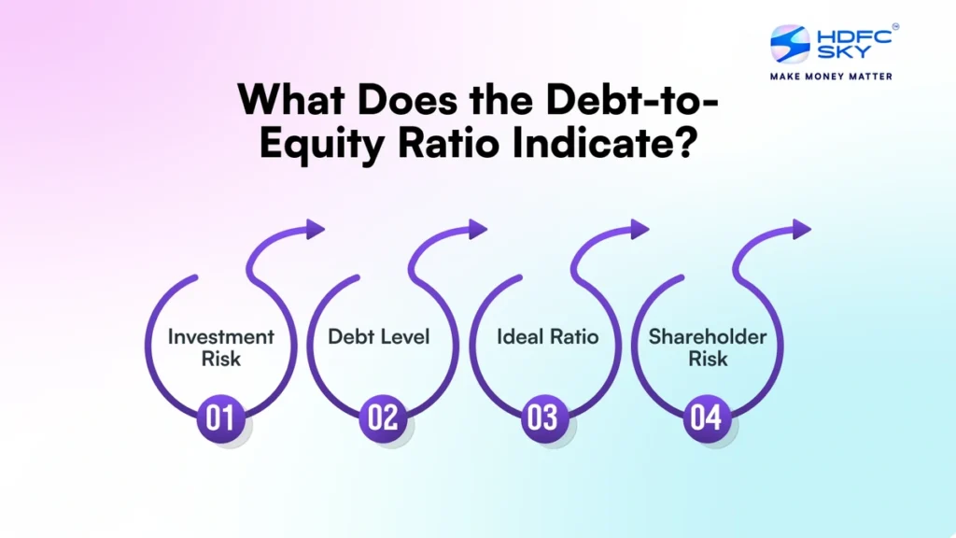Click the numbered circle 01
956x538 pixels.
[x=220, y=417]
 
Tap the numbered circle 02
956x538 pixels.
[x=383, y=417]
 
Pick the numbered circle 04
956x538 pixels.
[x=707, y=417]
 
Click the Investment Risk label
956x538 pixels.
[x=221, y=347]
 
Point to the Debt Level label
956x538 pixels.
[x=379, y=336]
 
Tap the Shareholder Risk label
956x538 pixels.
[x=707, y=347]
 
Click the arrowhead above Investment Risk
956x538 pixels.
[x=314, y=229]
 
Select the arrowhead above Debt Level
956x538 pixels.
[x=477, y=229]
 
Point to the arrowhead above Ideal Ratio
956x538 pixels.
[x=639, y=229]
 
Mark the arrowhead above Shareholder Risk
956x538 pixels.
[x=801, y=229]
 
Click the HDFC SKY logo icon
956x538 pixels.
[x=790, y=45]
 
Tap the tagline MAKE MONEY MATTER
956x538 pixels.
[x=830, y=76]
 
